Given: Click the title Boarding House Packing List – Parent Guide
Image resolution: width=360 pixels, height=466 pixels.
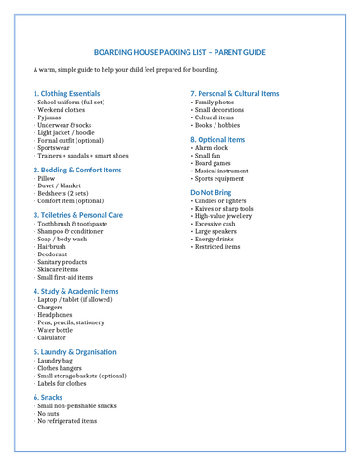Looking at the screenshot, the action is click(x=180, y=53).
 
